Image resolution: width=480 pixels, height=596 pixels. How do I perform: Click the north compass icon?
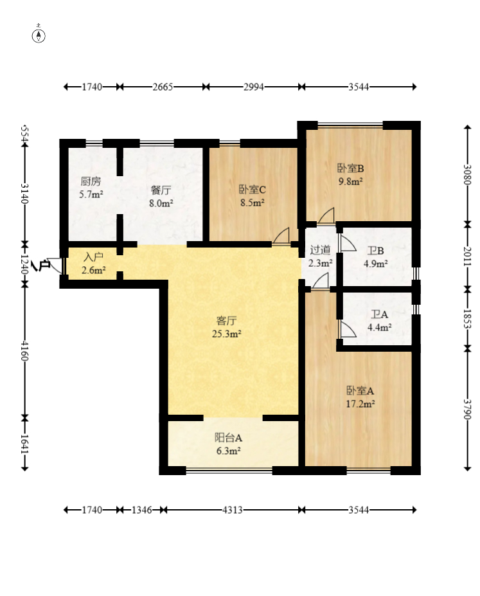coord(39,35)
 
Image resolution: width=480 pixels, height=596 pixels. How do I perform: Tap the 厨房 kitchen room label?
coord(91,181)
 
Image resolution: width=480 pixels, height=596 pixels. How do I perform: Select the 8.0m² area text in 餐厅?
coord(161,203)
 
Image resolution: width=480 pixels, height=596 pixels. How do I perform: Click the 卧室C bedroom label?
coord(252,189)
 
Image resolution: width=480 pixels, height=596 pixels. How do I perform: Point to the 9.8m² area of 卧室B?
coord(350,181)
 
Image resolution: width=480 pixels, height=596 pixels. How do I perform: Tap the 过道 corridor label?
coord(320,249)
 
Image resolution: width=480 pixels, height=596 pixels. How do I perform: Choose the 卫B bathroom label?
coord(375,251)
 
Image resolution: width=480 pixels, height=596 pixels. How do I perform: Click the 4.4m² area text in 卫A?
coord(379,327)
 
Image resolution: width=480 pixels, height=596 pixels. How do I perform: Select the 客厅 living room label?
coord(226,321)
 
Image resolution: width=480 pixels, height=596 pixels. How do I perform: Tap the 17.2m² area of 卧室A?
coord(360,404)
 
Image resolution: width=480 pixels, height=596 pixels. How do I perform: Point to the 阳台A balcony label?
coord(228,438)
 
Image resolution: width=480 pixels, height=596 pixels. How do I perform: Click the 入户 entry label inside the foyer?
coord(93,257)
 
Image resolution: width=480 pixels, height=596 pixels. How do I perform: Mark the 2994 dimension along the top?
coord(254,87)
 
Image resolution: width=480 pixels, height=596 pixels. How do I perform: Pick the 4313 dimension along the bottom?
coord(233,510)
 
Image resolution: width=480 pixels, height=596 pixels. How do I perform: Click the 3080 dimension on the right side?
coord(467,174)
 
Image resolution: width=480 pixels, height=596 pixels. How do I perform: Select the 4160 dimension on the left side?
coord(24,350)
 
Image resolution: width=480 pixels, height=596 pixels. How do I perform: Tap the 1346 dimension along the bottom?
coord(141,510)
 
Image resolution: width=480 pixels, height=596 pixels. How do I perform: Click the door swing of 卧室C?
coord(281,235)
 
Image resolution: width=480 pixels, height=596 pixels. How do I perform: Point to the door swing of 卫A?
coord(348,329)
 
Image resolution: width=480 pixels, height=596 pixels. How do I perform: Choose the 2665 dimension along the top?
coord(163,87)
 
